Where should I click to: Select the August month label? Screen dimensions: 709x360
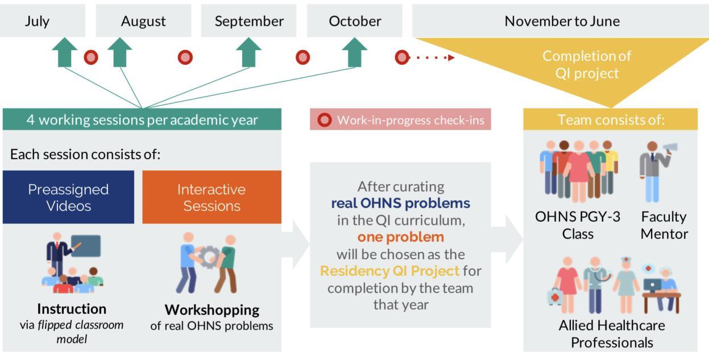(x=143, y=21)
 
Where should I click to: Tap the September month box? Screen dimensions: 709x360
(x=249, y=21)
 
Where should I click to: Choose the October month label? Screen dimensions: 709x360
(x=355, y=21)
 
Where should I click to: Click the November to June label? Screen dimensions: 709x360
(x=562, y=21)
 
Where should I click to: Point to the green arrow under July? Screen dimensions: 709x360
(x=65, y=53)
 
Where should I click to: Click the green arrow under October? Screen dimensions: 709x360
(x=355, y=53)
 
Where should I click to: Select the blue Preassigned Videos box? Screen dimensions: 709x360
(x=68, y=197)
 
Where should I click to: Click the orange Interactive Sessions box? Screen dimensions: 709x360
(x=212, y=197)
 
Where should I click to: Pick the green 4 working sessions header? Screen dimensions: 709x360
(x=142, y=120)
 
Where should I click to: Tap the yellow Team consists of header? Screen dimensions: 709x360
(x=611, y=120)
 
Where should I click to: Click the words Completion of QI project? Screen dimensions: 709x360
(x=587, y=65)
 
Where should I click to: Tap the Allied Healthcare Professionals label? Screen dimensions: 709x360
(x=612, y=334)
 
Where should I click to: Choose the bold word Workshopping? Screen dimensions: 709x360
(x=212, y=310)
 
